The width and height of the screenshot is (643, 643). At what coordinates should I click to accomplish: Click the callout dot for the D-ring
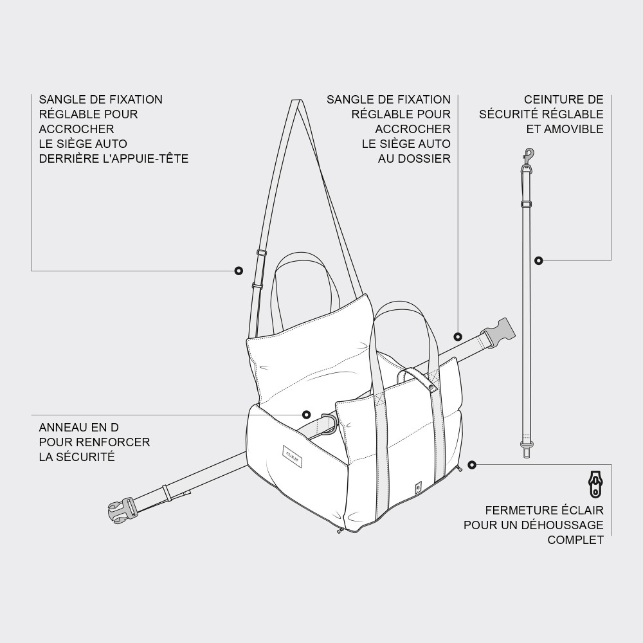pos(306,415)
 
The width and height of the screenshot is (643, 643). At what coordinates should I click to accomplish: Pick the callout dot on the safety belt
pos(539,260)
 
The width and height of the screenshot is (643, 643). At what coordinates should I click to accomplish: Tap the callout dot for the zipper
pos(472,464)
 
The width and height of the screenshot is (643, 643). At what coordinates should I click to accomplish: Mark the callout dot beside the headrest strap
pos(239,271)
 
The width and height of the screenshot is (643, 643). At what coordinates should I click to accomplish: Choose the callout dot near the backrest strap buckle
pos(458,336)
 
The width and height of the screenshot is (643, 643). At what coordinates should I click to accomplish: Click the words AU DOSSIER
pos(414,158)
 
